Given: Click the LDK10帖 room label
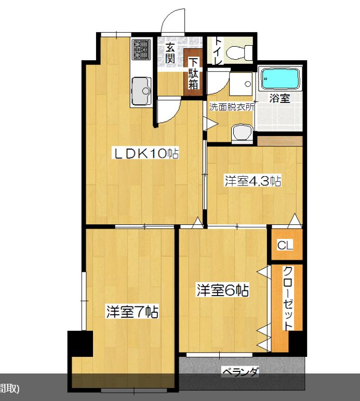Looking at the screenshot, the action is (x=145, y=153).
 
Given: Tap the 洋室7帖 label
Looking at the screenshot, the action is (x=132, y=312).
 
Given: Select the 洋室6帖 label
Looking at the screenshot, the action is (x=222, y=290).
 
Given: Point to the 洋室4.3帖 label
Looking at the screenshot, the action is (x=252, y=181).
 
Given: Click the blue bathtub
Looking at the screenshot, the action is (x=280, y=78).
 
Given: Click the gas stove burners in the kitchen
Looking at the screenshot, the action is (x=141, y=49).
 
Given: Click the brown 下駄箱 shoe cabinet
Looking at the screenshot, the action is (x=193, y=72).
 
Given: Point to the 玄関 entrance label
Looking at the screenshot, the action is (x=169, y=53).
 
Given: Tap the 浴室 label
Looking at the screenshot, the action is (x=279, y=98).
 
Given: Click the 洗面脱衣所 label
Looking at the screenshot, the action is (x=232, y=107).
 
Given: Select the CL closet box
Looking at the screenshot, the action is (x=286, y=245).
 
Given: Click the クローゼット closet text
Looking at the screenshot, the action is (x=288, y=298).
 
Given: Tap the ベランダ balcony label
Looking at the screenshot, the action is (x=241, y=371).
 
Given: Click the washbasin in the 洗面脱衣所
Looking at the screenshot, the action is (x=242, y=133).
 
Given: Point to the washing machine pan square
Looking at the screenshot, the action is (x=241, y=84).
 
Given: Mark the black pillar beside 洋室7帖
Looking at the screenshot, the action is (x=80, y=343).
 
